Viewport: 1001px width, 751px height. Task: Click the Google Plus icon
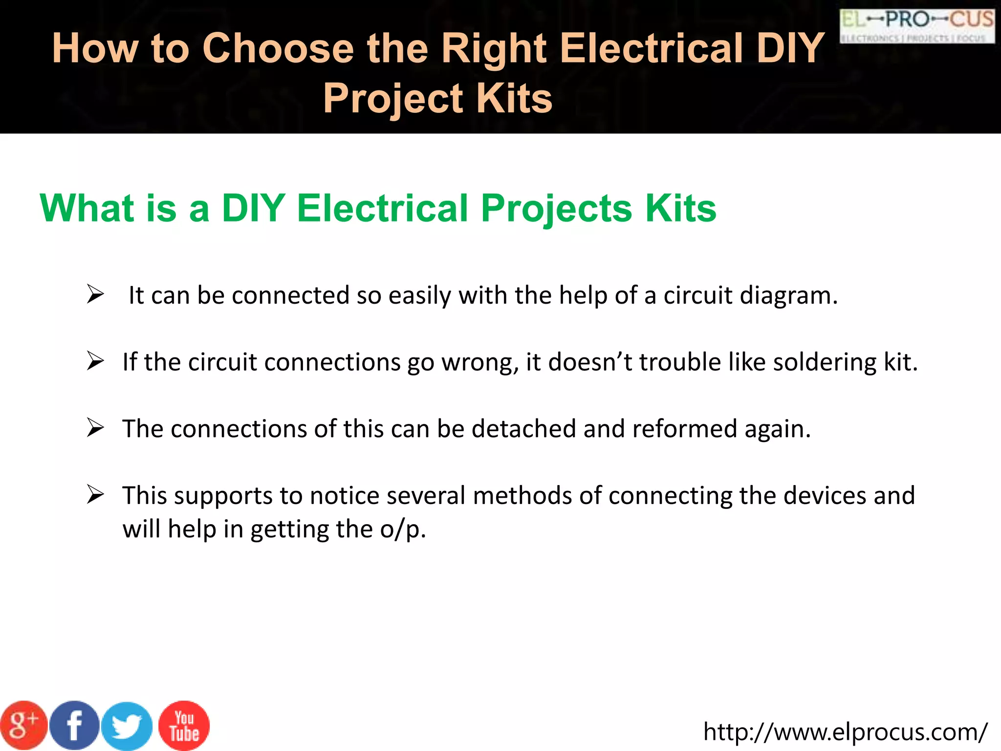click(23, 726)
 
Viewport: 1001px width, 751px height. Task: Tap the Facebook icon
click(74, 726)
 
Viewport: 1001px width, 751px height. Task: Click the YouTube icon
click(184, 726)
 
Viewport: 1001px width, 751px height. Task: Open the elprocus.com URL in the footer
click(845, 732)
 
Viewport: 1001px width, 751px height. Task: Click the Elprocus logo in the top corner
click(917, 26)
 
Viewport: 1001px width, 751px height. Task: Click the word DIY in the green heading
click(253, 208)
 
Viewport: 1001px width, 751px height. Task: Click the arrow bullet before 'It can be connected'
click(95, 294)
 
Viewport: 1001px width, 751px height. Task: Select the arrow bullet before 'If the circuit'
click(95, 361)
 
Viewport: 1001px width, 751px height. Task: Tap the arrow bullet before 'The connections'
click(95, 428)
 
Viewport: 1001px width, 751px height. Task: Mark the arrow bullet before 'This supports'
click(95, 495)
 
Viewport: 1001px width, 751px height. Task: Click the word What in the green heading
click(87, 208)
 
